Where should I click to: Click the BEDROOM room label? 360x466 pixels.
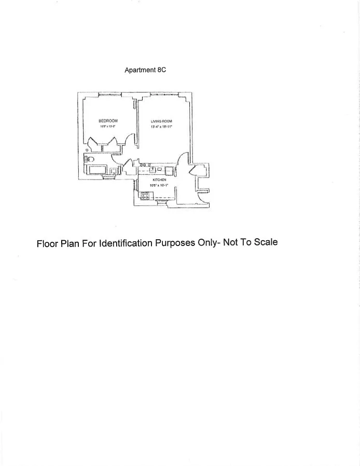tap(108, 121)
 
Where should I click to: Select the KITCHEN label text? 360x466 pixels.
tap(159, 180)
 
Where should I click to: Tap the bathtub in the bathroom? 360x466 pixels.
tap(98, 170)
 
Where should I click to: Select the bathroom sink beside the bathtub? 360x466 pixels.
tap(114, 170)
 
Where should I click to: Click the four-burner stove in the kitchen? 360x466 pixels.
tap(145, 196)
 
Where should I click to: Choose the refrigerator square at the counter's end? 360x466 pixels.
tap(169, 170)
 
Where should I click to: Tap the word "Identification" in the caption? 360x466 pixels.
tap(124, 243)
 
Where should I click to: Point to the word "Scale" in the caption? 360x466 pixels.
tap(266, 242)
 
